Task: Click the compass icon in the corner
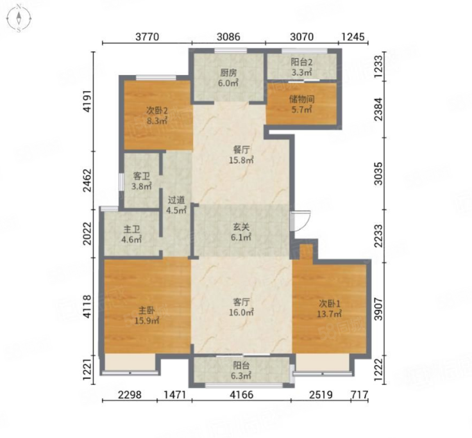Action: (x=19, y=19)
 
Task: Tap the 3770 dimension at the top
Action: (x=147, y=36)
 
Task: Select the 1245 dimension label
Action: (x=353, y=36)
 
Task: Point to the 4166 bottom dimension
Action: (x=241, y=394)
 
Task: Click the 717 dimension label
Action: (x=359, y=394)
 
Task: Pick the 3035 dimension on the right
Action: (x=378, y=174)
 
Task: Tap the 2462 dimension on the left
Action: (x=87, y=181)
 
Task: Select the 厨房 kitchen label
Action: (x=228, y=72)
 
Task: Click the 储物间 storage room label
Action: (x=301, y=99)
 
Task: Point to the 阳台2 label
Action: (x=301, y=62)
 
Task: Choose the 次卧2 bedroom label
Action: (x=156, y=111)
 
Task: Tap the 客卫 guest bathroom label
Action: (x=141, y=176)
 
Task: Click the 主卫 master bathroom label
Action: (x=131, y=229)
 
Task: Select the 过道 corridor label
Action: (x=176, y=200)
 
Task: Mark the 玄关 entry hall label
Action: (x=241, y=227)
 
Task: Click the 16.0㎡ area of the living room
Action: (x=241, y=312)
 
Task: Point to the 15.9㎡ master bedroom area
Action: (x=147, y=321)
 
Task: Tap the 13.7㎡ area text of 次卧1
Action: (x=329, y=314)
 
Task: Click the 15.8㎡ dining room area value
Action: (x=241, y=160)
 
